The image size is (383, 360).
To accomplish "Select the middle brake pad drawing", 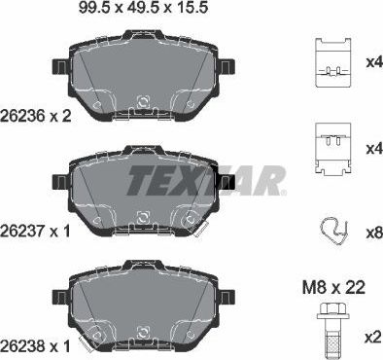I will point(144,190).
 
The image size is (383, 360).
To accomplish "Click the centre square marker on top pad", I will point(144,101).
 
